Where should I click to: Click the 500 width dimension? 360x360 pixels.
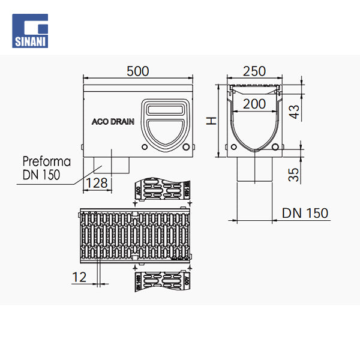[x=137, y=71]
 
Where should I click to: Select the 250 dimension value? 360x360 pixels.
[x=254, y=71]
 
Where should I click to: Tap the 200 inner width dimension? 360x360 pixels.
[x=254, y=104]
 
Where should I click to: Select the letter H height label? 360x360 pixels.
[x=211, y=121]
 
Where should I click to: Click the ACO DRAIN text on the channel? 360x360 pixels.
[x=113, y=121]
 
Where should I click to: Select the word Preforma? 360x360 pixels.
[x=46, y=162]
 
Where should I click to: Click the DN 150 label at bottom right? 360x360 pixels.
[x=305, y=213]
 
